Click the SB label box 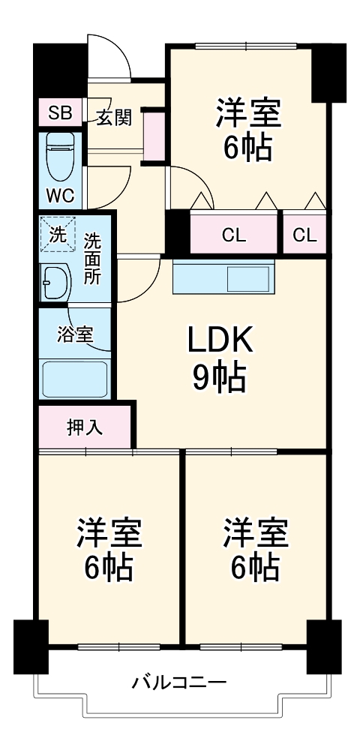[60, 114]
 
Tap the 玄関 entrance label [114, 117]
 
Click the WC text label [60, 196]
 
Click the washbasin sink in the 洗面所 [55, 283]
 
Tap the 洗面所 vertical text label [92, 257]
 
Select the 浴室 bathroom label [75, 334]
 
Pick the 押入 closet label [85, 428]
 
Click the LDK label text [221, 342]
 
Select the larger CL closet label [233, 235]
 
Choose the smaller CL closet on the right [304, 235]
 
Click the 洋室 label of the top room [248, 114]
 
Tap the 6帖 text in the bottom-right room [255, 568]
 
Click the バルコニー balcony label [179, 683]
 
